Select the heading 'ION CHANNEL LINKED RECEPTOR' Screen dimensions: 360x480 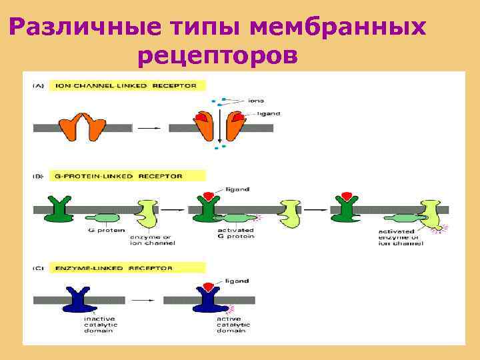[x=126, y=86]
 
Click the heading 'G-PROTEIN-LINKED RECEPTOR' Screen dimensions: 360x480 [x=118, y=176]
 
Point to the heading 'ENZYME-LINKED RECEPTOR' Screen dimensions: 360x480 [x=114, y=268]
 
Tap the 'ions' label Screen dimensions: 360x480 [x=256, y=101]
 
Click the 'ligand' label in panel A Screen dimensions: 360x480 [x=267, y=114]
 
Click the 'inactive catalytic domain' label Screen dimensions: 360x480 [x=99, y=324]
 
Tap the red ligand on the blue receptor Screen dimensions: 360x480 [x=208, y=287]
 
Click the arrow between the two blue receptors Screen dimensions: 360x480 [x=141, y=301]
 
